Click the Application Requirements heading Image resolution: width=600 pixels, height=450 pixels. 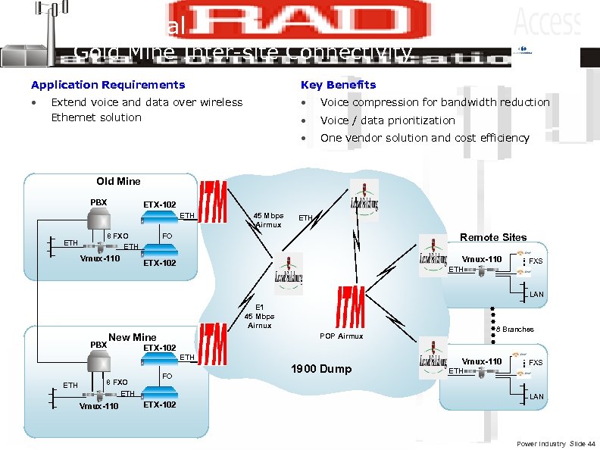point(108,85)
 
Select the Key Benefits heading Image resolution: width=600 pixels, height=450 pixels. point(338,85)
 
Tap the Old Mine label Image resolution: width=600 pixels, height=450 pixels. point(118,181)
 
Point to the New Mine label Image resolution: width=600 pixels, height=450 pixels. point(133,337)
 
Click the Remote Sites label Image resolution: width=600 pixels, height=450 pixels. point(493,237)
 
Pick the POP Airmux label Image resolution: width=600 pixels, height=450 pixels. point(341,336)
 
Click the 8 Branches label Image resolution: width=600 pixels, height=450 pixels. point(515,329)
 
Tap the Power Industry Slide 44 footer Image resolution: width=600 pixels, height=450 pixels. point(556,442)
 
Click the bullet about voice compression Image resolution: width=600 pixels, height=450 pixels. point(435,102)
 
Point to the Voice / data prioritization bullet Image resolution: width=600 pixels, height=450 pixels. point(387,120)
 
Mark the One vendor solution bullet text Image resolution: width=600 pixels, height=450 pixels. point(424,138)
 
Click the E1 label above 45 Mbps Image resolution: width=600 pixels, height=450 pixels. point(258,308)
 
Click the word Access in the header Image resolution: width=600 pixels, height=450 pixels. point(547,23)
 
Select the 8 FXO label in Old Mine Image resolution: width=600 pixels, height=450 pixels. point(117,236)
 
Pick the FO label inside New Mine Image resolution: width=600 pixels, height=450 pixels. point(168,376)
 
